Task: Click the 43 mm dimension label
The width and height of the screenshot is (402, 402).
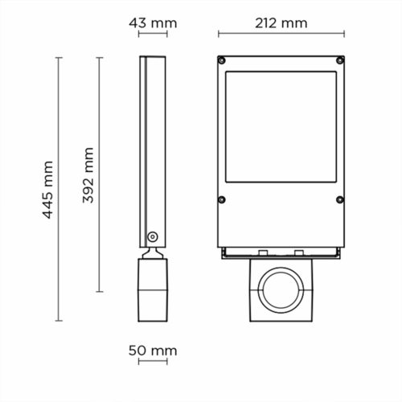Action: (x=153, y=23)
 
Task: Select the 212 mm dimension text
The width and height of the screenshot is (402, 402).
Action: (x=281, y=23)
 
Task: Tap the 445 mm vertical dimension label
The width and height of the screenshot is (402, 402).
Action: (x=48, y=190)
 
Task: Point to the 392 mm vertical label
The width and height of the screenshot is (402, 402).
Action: (x=88, y=175)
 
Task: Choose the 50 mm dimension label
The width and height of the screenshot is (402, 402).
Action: (x=153, y=351)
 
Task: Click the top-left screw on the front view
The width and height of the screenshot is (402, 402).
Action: (x=221, y=60)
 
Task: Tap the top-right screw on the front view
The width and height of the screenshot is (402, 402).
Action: (x=340, y=60)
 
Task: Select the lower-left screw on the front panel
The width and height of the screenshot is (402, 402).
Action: (x=221, y=199)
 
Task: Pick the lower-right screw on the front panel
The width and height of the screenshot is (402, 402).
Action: (x=340, y=199)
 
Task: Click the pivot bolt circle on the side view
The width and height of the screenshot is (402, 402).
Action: (x=153, y=236)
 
